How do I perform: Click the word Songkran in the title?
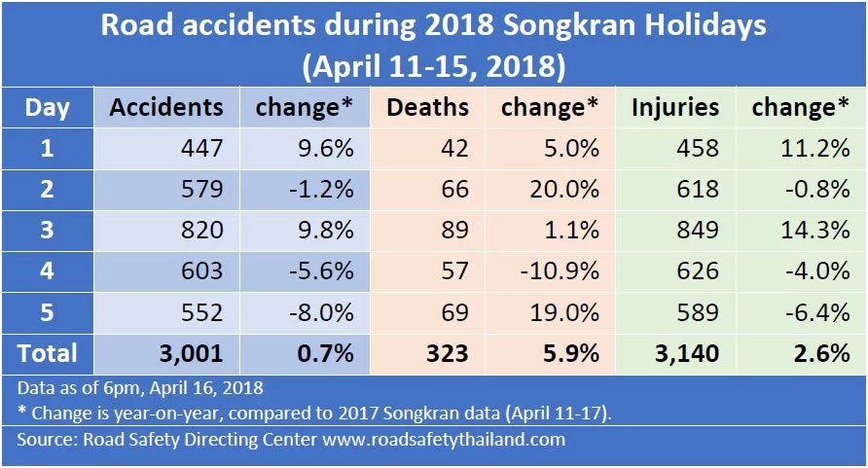point(557,26)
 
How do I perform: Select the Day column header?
point(47,107)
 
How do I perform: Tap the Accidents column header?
point(166,107)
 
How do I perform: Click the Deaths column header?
point(428,107)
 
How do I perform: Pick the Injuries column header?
point(675,107)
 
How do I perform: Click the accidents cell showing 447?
point(202,148)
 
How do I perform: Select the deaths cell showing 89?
point(454,231)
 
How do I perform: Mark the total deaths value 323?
point(448,353)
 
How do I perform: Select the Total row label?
point(47,352)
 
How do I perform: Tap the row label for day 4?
point(47,271)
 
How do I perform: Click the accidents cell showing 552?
point(202,312)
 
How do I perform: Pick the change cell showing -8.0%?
point(320,312)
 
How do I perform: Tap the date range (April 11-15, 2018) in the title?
point(434,68)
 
